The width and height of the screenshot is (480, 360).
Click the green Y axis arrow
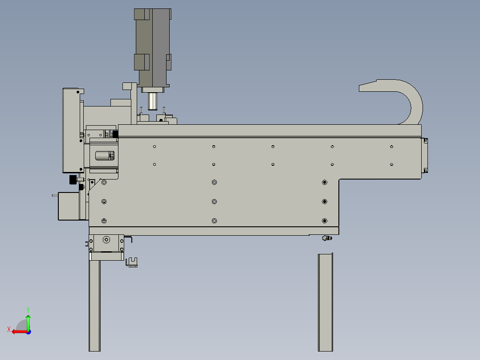click(x=28, y=322)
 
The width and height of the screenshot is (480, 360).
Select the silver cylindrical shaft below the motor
click(x=152, y=101)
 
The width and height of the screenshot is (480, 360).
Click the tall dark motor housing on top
click(x=152, y=48)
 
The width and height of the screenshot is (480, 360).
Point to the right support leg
click(x=325, y=302)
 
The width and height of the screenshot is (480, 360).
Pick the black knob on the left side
click(x=73, y=180)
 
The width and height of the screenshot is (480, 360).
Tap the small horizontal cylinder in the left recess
click(x=105, y=155)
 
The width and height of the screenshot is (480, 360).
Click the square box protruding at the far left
click(x=69, y=206)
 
